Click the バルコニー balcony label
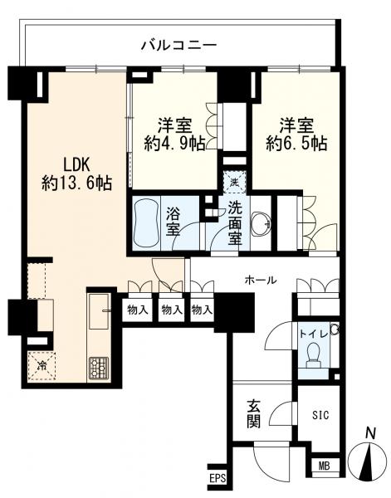(178, 45)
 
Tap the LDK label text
(77, 166)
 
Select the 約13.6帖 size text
(77, 183)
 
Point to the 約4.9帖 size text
(174, 144)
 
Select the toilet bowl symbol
(314, 354)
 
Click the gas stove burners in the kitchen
(99, 368)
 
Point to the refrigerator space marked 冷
(42, 365)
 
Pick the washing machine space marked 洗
(234, 183)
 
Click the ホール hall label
(261, 281)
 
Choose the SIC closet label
(320, 415)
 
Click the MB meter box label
(324, 466)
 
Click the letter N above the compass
(370, 433)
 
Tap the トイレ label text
(314, 334)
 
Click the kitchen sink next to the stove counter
(99, 311)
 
